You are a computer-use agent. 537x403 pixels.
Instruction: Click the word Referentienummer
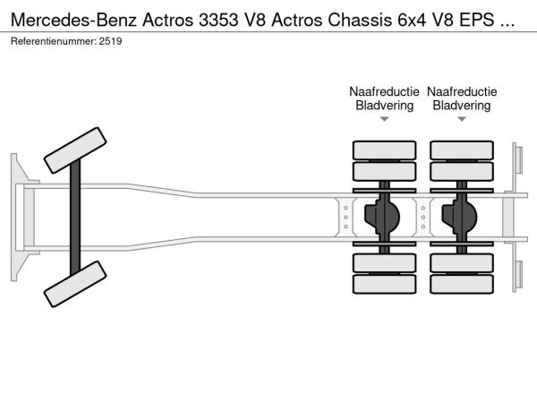coord(53,41)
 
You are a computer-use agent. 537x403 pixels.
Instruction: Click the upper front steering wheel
coord(76,150)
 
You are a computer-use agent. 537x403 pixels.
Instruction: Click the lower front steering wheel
coord(76,286)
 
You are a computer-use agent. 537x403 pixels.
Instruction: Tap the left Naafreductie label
coord(384,91)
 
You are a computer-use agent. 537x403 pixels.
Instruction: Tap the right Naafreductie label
coord(462,91)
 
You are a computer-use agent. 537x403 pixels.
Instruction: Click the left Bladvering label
coord(384,106)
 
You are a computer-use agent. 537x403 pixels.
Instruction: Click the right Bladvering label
coord(462,106)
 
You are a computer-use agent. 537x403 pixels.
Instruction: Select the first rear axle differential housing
coord(384,216)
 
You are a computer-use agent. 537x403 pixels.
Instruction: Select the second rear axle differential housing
coord(462,216)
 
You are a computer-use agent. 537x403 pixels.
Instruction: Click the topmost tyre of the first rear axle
coord(384,150)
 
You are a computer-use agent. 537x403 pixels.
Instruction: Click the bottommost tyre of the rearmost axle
coord(462,285)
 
